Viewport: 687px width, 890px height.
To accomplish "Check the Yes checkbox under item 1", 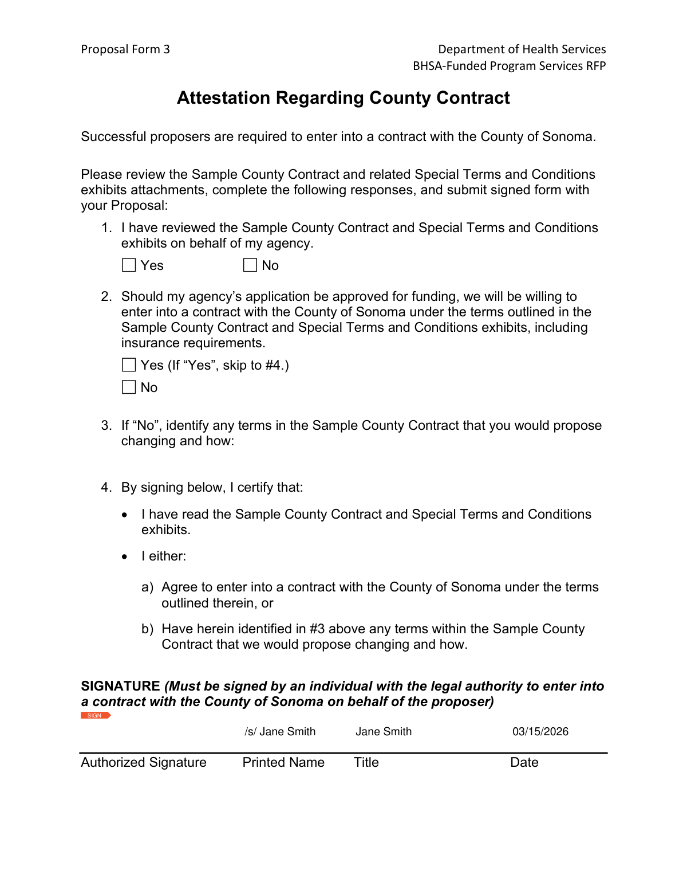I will click(129, 265).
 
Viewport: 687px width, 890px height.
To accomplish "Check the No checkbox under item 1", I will click(250, 265).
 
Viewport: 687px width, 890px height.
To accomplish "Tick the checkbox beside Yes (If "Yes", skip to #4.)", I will click(129, 365).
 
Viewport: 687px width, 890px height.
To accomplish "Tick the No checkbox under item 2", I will click(129, 387).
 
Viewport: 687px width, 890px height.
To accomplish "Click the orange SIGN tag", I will click(95, 715).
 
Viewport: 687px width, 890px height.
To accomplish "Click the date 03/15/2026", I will click(540, 731).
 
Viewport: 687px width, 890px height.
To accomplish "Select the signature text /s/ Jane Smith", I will click(280, 731).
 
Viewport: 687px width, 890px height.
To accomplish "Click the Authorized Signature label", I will click(144, 762).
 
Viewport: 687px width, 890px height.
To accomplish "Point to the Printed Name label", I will click(283, 762).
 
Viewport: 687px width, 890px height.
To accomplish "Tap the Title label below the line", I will click(366, 762).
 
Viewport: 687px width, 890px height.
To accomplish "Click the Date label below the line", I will click(524, 762).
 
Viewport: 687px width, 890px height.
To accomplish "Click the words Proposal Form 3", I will click(125, 49).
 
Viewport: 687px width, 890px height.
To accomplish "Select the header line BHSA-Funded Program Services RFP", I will click(509, 66).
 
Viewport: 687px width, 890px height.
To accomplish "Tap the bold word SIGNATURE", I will click(120, 686).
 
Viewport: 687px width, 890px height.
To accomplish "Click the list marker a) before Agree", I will click(147, 587).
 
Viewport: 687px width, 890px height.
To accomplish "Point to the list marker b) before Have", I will click(147, 629).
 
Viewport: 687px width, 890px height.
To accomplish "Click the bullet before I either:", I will click(125, 556).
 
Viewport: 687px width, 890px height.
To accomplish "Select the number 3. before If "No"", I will click(106, 425).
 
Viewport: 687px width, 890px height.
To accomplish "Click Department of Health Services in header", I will click(522, 49).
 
